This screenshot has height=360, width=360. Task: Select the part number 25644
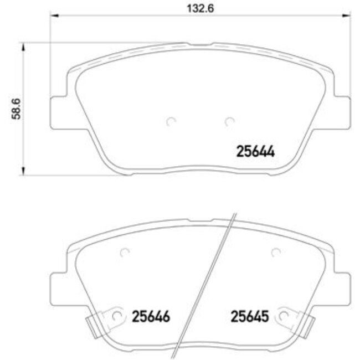point(256,151)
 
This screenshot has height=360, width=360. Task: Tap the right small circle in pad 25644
point(229,121)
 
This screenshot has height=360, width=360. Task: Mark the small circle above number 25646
point(125,253)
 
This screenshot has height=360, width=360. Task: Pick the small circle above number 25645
point(275,253)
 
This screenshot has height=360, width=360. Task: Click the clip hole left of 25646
point(116,316)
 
